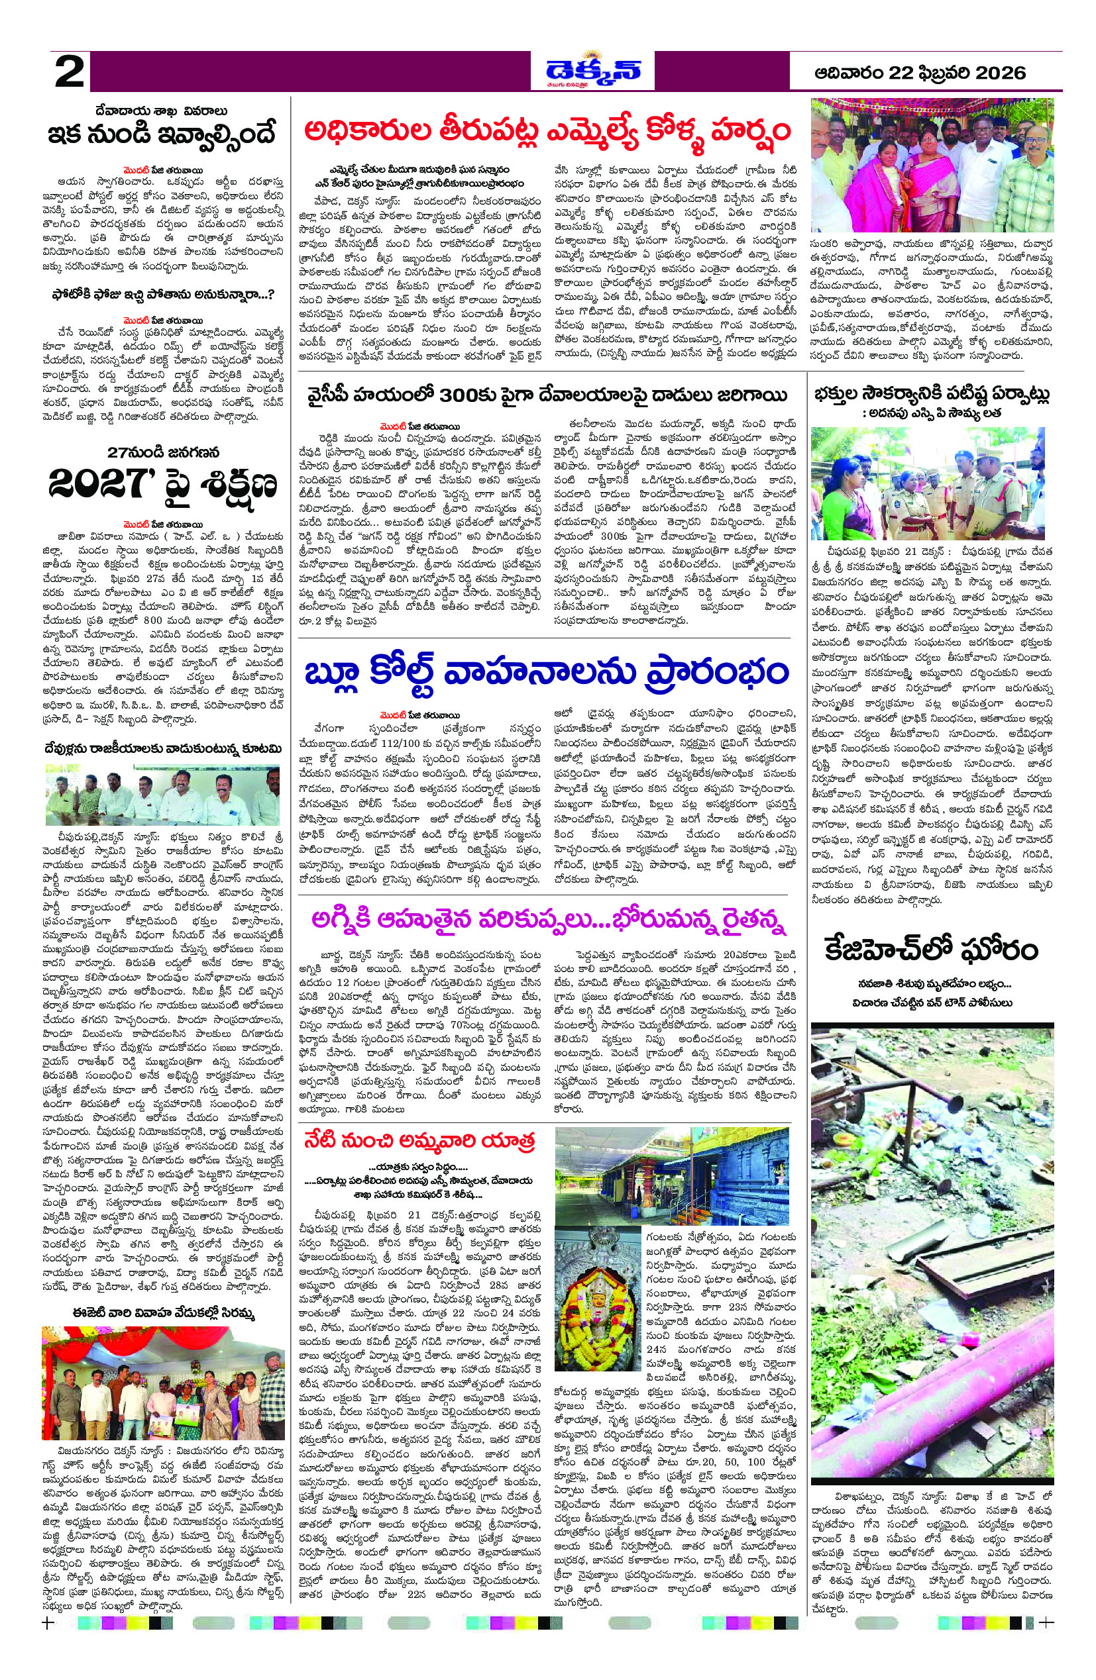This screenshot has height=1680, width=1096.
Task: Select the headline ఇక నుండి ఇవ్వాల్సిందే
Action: [163, 133]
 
